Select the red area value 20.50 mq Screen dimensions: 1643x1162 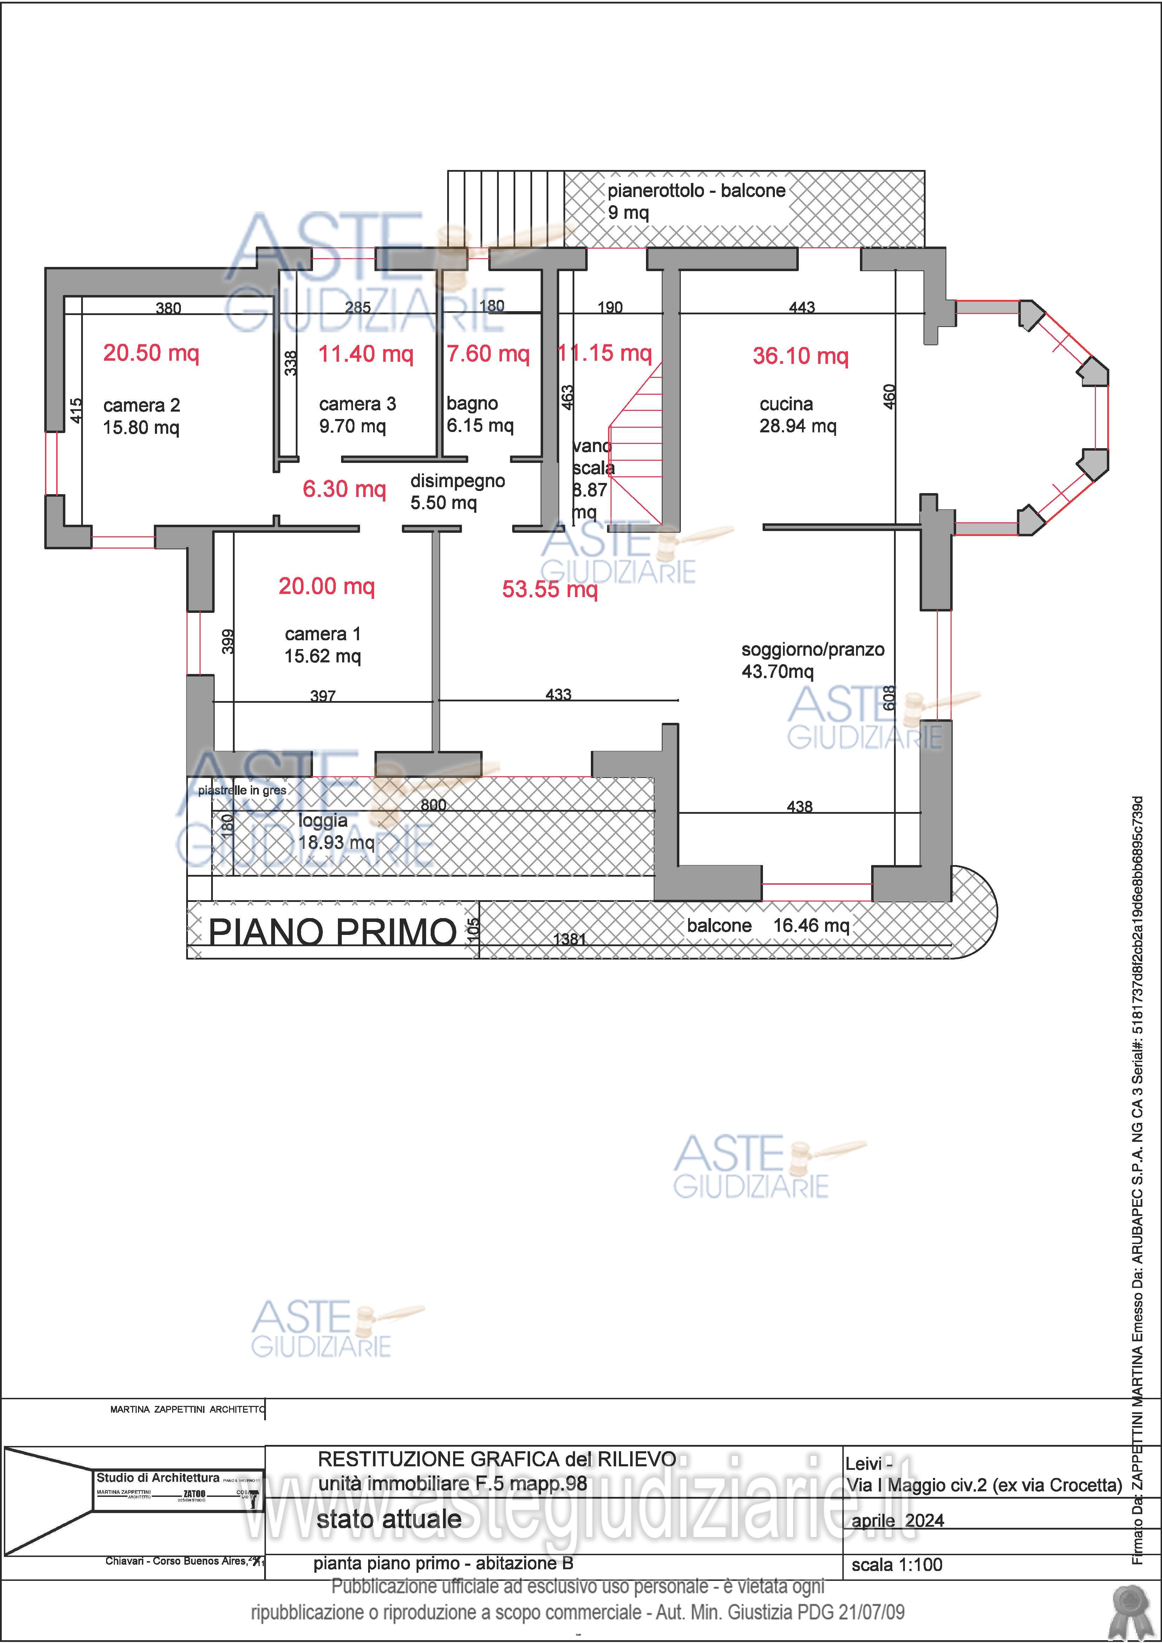click(151, 353)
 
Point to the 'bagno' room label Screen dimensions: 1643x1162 click(472, 404)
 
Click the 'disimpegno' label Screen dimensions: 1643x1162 click(457, 481)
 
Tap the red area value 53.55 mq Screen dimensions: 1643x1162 click(549, 589)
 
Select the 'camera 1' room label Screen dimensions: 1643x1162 click(323, 634)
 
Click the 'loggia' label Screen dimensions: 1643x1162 click(323, 821)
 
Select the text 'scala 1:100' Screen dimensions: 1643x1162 click(896, 1565)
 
